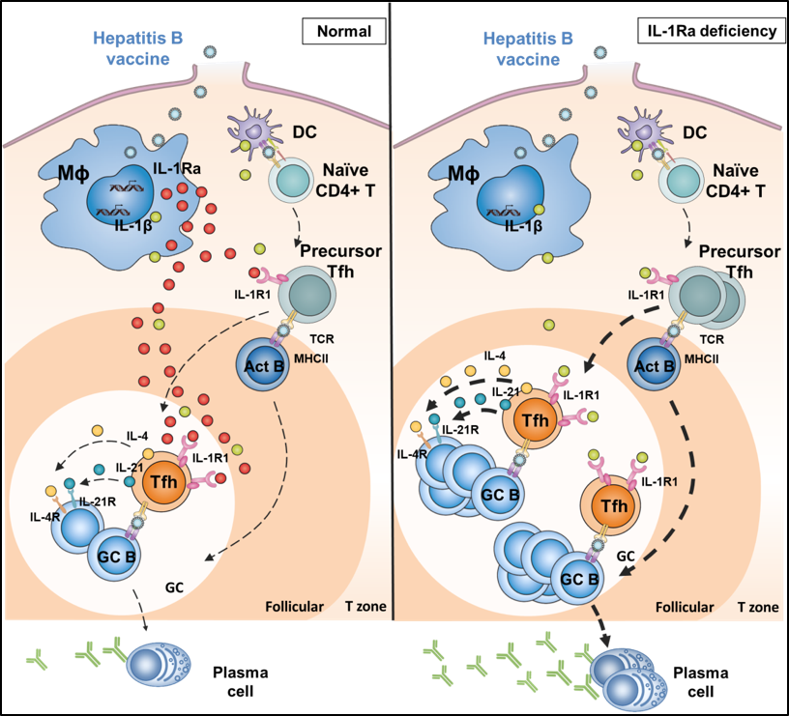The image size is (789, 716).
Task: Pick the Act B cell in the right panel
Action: (655, 366)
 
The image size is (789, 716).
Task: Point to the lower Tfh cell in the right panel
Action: (609, 505)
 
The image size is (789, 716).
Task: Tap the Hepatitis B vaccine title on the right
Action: (528, 48)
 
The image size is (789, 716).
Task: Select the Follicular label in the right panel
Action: (684, 609)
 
